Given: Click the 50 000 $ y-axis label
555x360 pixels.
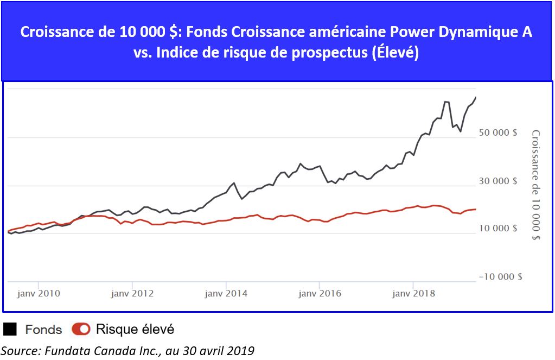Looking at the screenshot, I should [498, 132].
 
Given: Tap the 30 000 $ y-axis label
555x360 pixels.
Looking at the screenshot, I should [498, 180].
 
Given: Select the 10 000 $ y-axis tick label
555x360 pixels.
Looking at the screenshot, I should [498, 228].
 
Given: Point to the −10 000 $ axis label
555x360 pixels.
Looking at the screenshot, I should [500, 276].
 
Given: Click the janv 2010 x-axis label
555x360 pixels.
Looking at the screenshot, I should [39, 293].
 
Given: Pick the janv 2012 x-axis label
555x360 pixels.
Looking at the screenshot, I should [132, 293].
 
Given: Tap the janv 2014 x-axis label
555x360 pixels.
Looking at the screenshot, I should [226, 293].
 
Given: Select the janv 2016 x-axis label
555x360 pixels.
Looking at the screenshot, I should [320, 293].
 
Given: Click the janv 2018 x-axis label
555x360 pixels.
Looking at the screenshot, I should [413, 293].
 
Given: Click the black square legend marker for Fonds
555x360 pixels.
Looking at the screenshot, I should [10, 329].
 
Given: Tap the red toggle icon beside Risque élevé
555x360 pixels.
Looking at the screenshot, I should [81, 329].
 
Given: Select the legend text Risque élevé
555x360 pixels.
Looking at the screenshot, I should [135, 329].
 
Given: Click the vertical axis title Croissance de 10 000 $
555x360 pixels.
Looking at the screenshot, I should [535, 185].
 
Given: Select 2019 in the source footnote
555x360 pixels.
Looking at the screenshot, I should [243, 350].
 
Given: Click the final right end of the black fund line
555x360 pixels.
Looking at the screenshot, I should [476, 97].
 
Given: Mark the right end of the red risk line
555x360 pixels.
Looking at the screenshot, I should [476, 209].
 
